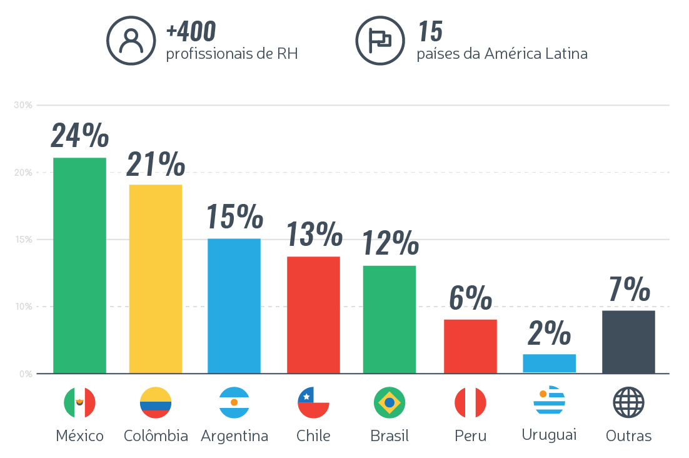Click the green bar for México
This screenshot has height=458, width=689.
(79, 265)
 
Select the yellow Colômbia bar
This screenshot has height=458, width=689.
(155, 279)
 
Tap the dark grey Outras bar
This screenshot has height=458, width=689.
(628, 342)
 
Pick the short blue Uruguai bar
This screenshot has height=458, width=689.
(549, 364)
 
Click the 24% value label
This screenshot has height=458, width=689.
(79, 135)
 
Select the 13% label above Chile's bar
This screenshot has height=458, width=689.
(314, 235)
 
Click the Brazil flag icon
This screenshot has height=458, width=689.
(390, 402)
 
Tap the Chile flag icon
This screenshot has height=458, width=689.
(314, 402)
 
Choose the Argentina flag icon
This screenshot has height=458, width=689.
(234, 402)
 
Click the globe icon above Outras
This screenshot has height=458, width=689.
(628, 402)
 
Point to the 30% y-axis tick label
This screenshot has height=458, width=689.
(23, 104)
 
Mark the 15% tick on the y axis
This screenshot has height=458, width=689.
(23, 239)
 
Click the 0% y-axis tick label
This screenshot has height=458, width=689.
(25, 374)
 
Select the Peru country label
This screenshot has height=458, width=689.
(470, 435)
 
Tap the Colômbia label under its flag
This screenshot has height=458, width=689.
(156, 435)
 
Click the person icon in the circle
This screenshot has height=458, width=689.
(130, 41)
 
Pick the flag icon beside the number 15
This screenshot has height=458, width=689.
(379, 41)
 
